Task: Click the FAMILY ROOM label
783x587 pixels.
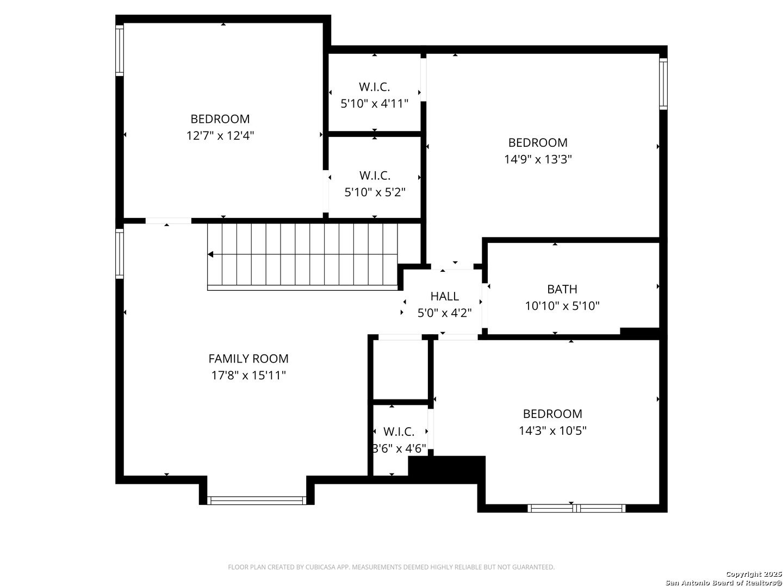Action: click(248, 359)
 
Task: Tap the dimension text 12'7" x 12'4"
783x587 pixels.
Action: click(220, 136)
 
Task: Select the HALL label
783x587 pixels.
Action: click(444, 296)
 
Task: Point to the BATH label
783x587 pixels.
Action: click(562, 289)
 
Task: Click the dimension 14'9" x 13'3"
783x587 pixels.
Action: click(538, 159)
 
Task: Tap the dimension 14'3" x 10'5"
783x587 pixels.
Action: click(552, 430)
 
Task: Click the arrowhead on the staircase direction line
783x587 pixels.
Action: click(210, 254)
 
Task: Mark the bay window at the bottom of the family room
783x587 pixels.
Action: click(257, 501)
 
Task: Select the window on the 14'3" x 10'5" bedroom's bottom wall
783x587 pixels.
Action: click(576, 508)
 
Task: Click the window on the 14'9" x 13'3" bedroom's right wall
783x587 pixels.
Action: click(663, 84)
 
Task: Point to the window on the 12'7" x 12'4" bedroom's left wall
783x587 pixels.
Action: click(120, 50)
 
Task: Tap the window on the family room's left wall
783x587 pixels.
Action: click(120, 254)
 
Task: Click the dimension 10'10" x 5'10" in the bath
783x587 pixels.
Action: click(562, 306)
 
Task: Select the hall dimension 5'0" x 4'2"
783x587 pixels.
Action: click(444, 313)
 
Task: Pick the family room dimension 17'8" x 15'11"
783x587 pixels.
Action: click(248, 375)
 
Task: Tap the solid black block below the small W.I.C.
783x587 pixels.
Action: click(446, 470)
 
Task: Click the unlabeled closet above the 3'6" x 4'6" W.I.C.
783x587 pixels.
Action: click(401, 370)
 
